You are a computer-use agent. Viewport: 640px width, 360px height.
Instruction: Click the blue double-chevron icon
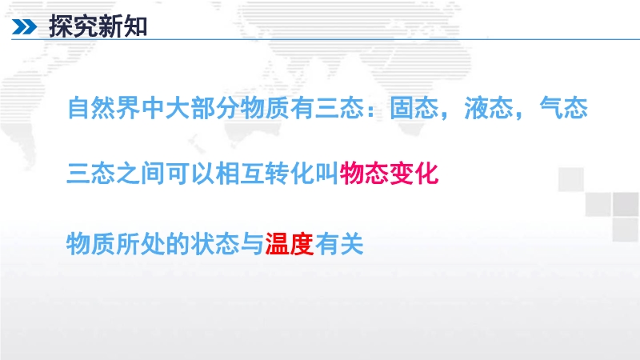click(x=25, y=27)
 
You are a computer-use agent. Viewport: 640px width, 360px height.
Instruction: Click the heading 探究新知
click(x=98, y=26)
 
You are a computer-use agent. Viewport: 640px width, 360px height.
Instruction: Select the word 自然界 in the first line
click(x=104, y=108)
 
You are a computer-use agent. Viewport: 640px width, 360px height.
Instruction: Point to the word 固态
click(x=414, y=108)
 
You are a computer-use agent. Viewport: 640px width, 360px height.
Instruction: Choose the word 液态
click(x=489, y=108)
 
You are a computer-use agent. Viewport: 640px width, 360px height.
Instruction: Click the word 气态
click(x=564, y=108)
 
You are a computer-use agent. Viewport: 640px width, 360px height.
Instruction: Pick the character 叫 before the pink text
click(x=327, y=174)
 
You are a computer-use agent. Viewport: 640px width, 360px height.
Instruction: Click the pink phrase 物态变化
click(x=390, y=174)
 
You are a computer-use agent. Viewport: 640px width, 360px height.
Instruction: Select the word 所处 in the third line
click(x=141, y=244)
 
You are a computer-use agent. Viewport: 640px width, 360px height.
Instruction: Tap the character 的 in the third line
click(x=178, y=244)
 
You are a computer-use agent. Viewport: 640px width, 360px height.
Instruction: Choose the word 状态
click(x=215, y=244)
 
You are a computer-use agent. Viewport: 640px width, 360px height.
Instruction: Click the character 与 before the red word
click(x=252, y=244)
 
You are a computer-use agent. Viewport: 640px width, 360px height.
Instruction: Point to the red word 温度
click(x=290, y=244)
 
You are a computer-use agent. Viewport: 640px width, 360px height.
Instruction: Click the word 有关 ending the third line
click(x=339, y=244)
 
